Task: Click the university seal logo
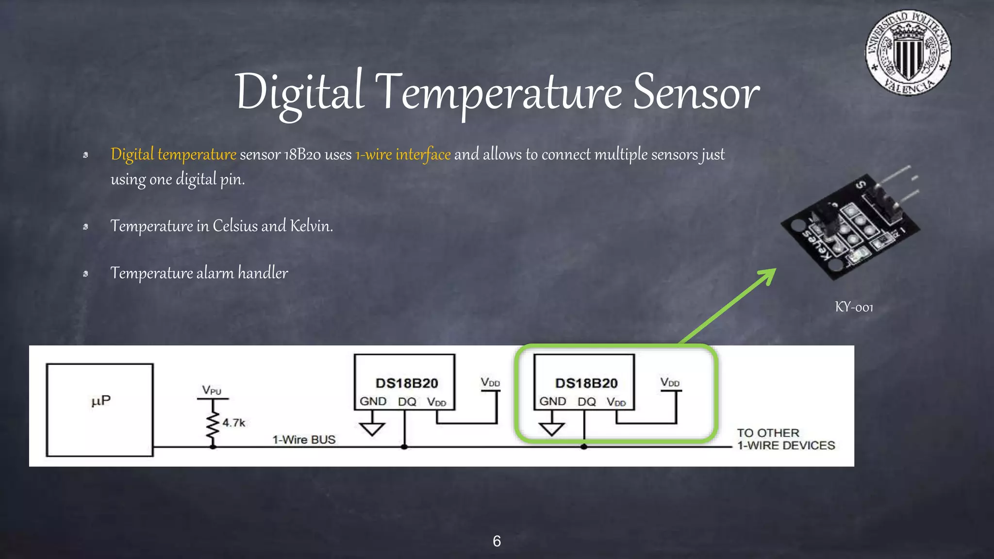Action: point(908,53)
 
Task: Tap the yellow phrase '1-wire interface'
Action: point(403,154)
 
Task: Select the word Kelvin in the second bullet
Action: point(311,226)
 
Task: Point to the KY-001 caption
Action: point(854,307)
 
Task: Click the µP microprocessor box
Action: point(100,410)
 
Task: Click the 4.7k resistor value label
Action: point(234,423)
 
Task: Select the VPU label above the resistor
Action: point(212,390)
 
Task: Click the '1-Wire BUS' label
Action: point(304,440)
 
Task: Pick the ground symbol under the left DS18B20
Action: point(372,428)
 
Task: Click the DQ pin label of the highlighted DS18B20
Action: point(586,402)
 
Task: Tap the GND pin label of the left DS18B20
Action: point(373,401)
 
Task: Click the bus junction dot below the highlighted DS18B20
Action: point(584,446)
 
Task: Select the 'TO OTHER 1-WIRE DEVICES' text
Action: point(785,439)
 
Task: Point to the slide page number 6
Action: point(497,541)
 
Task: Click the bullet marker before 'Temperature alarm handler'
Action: point(85,274)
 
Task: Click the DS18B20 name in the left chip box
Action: point(407,383)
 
